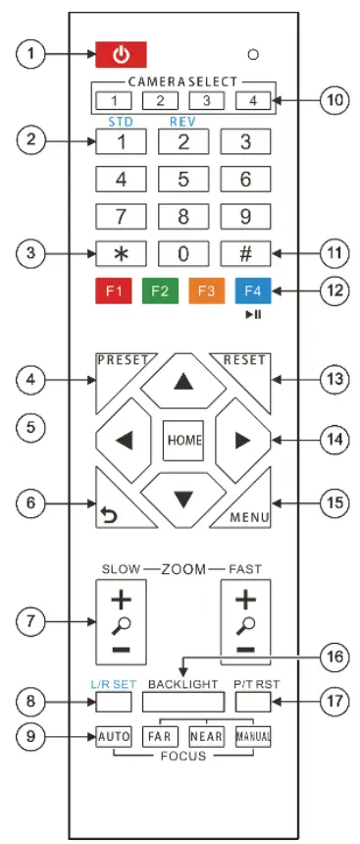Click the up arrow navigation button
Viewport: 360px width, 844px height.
tap(181, 384)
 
